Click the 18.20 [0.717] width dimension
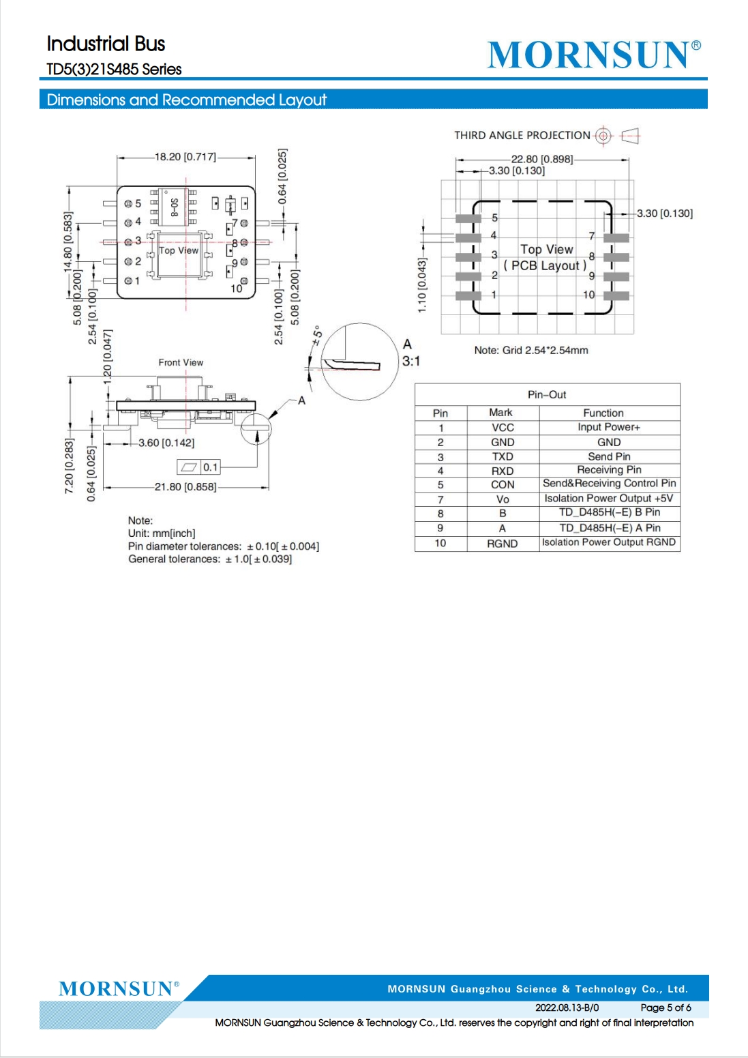[x=185, y=157]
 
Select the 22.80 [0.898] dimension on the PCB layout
[x=541, y=159]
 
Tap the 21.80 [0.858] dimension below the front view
[x=185, y=486]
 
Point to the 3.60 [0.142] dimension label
[x=166, y=443]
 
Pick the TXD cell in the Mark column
[x=502, y=457]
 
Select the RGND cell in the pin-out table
[x=502, y=544]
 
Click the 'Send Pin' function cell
[x=609, y=456]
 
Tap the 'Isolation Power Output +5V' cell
[x=609, y=498]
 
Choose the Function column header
[x=603, y=413]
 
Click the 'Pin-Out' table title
[x=546, y=394]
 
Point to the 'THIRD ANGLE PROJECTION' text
[x=522, y=136]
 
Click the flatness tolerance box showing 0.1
[x=199, y=467]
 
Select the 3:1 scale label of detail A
[x=411, y=362]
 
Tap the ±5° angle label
[x=317, y=335]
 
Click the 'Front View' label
[x=181, y=362]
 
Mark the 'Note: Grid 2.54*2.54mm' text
[x=530, y=350]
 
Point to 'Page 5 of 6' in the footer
[x=665, y=1008]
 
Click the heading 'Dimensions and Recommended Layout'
[x=187, y=100]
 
